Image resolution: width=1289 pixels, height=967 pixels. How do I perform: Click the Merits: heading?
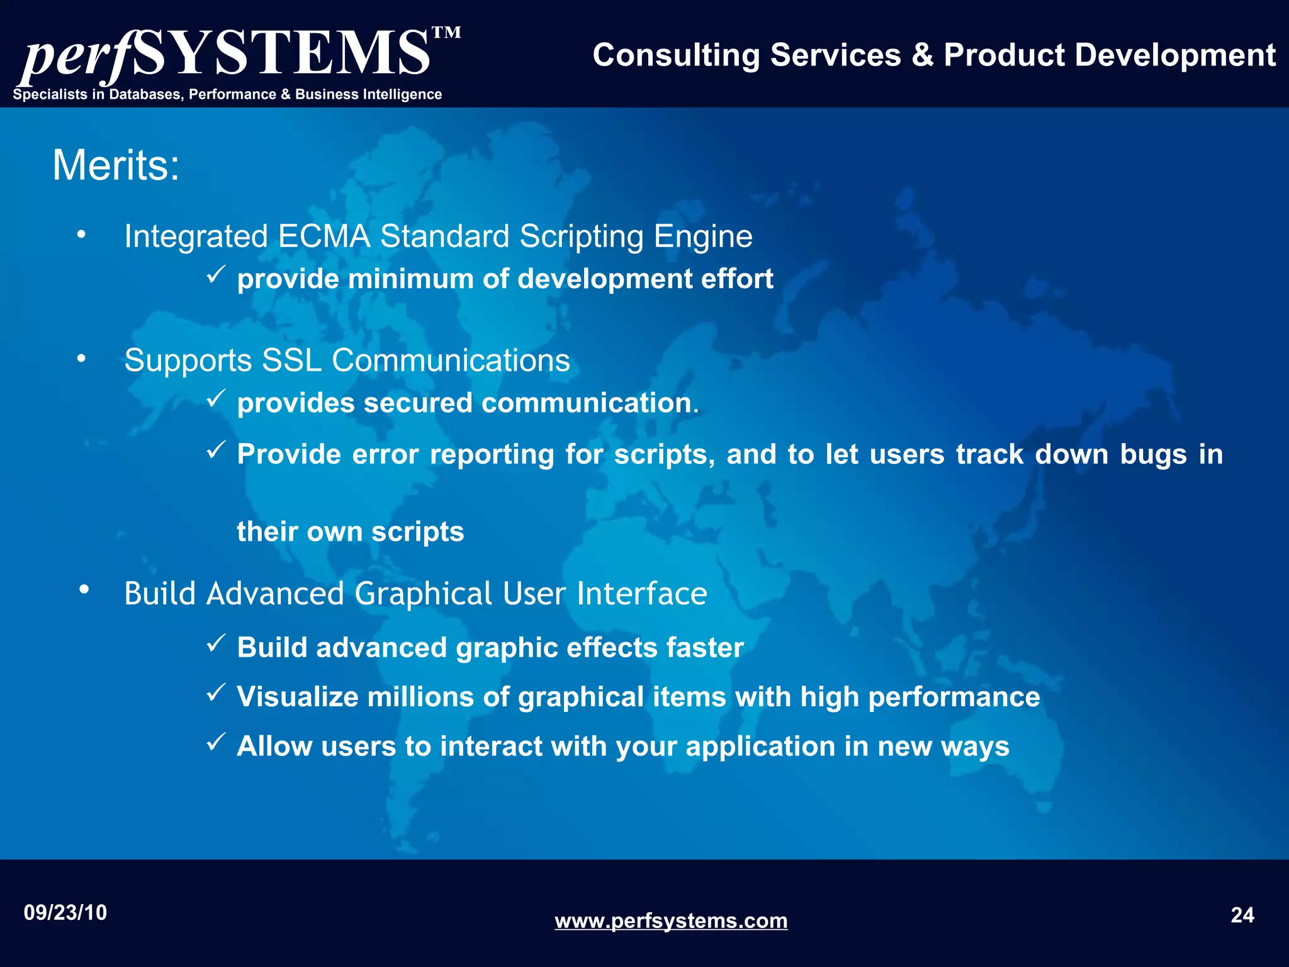click(x=116, y=166)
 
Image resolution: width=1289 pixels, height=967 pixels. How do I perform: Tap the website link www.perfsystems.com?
click(x=671, y=921)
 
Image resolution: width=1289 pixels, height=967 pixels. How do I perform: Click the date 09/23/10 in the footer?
click(x=65, y=913)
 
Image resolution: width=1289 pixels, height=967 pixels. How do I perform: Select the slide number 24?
click(x=1242, y=915)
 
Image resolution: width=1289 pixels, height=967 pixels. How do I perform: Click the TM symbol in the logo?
click(x=446, y=33)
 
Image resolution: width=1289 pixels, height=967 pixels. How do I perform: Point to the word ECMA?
click(x=324, y=237)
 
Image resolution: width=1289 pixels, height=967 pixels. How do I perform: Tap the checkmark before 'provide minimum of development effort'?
click(x=216, y=274)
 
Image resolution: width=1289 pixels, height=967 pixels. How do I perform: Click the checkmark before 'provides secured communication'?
click(x=216, y=399)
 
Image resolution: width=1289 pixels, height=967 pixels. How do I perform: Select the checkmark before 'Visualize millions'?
click(x=216, y=693)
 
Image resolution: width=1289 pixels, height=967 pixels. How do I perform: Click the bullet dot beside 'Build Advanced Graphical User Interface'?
click(x=84, y=590)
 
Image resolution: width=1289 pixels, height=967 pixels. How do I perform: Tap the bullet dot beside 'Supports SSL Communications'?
click(x=81, y=359)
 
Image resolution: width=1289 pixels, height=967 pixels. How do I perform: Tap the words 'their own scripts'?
click(x=351, y=532)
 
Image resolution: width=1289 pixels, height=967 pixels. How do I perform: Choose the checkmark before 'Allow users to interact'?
click(x=216, y=742)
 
